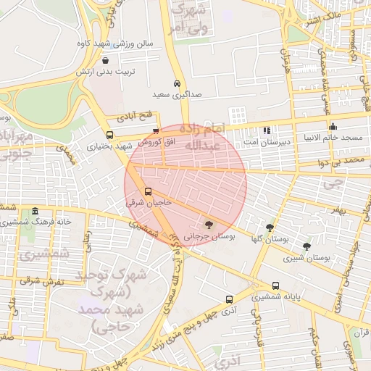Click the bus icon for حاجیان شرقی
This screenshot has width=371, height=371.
point(149,192)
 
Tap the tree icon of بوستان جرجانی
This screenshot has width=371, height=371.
point(209,225)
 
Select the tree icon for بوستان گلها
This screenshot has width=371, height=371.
point(270,227)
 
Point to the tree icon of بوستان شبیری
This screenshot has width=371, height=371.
point(307,246)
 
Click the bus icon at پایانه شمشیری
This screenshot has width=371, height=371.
point(276,285)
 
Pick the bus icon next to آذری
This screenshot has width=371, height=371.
point(229,299)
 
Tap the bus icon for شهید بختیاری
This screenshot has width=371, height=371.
point(109,135)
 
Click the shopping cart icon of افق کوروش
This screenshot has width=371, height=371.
point(156,131)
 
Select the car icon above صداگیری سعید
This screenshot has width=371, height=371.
point(178,83)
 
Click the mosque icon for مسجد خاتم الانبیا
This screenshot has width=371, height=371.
point(333,127)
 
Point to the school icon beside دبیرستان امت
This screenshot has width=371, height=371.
point(267,131)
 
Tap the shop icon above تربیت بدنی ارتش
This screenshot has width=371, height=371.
point(107,62)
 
